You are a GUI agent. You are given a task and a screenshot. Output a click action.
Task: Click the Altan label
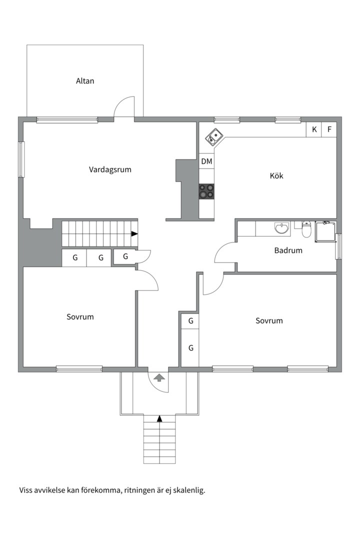pos(85,81)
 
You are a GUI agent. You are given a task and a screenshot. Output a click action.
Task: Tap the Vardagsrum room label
pos(110,169)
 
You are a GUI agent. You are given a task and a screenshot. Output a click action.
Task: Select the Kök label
pos(276,176)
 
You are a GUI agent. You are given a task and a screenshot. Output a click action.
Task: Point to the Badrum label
pos(288,250)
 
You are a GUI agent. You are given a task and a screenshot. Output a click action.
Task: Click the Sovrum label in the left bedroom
pos(80,317)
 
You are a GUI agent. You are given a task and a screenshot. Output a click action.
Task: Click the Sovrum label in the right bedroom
pos(269,321)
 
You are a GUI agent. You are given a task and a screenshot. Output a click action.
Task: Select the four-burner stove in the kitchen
pos(206,191)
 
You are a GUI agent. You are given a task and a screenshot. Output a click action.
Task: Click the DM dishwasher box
pos(206,161)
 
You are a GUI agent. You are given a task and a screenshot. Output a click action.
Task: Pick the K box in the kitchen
pos(314,129)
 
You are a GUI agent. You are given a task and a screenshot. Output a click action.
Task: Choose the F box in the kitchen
pos(329,129)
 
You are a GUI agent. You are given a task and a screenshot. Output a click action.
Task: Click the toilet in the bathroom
pos(306,229)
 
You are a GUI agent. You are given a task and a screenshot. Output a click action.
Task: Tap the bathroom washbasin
pos(282,228)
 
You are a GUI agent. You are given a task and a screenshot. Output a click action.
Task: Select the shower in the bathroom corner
pos(326,231)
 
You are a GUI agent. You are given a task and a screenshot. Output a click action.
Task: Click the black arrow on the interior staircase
pos(134,233)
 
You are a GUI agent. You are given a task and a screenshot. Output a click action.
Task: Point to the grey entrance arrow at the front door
pos(159,377)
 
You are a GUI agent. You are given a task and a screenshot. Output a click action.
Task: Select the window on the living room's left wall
pos(21,159)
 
